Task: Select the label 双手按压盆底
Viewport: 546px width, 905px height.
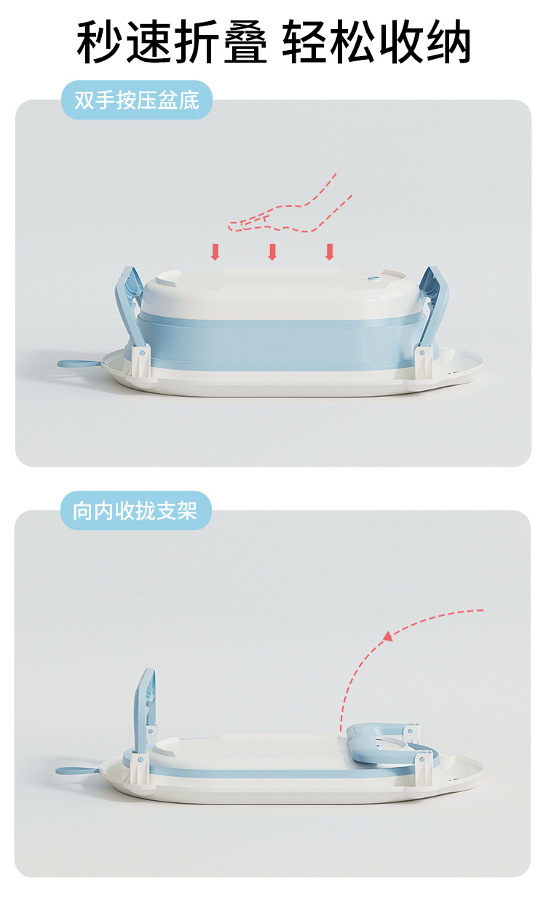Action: (137, 100)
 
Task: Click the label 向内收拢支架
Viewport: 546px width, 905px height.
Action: (135, 510)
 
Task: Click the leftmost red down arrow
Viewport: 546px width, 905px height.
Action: (215, 252)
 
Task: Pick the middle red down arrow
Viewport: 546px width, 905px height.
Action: (272, 252)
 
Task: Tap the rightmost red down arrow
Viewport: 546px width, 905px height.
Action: (329, 252)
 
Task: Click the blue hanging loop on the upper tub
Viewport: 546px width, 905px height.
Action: (79, 362)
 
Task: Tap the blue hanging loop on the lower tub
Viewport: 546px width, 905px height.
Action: (76, 769)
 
